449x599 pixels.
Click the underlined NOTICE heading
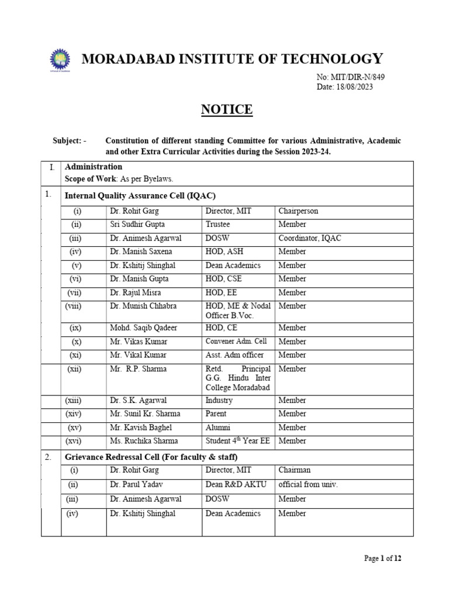tap(227, 110)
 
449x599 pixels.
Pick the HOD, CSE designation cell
tap(225, 279)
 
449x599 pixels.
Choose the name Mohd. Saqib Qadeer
tap(141, 328)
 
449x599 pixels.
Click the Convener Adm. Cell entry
tap(235, 342)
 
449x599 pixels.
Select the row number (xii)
tap(74, 369)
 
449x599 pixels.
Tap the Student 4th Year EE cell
tap(237, 441)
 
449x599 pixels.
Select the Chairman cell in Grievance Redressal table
tap(295, 470)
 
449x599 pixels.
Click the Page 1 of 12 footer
tap(383, 559)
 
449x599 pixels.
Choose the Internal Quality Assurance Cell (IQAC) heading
tap(144, 195)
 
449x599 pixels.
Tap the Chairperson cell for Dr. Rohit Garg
tap(298, 211)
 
